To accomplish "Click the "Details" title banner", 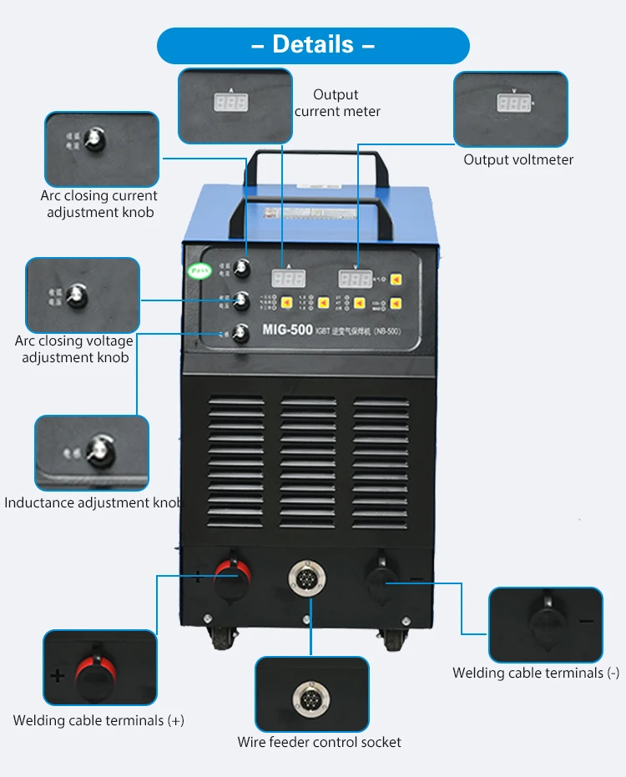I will click(313, 44).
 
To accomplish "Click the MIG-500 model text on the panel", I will click(287, 329).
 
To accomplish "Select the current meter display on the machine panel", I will click(288, 280).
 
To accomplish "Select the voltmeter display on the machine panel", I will click(355, 280).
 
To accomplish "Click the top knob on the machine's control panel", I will click(243, 268).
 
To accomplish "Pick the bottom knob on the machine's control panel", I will click(242, 333).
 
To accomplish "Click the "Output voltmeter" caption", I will click(518, 159).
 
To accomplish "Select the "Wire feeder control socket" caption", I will click(319, 742).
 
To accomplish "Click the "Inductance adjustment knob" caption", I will click(93, 502).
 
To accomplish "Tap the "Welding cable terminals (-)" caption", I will click(536, 673).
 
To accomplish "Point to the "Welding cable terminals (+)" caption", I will click(98, 720).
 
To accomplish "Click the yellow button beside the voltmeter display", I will click(397, 280).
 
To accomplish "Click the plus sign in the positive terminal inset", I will click(57, 676).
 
